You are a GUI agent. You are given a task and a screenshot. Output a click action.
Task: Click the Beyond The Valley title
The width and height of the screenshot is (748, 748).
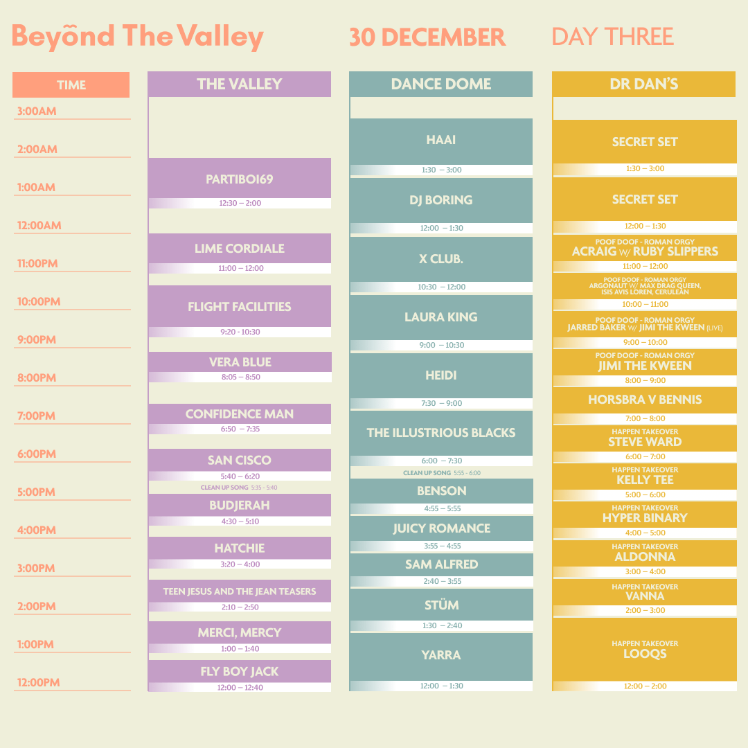(x=137, y=37)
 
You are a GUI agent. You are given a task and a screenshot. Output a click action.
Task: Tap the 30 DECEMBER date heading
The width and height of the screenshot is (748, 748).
(x=427, y=37)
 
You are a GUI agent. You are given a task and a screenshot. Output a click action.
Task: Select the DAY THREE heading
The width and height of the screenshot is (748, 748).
(x=612, y=37)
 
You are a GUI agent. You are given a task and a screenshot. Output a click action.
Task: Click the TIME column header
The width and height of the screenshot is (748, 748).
(x=71, y=85)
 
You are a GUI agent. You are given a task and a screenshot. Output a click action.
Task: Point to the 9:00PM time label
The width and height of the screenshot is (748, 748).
(x=37, y=339)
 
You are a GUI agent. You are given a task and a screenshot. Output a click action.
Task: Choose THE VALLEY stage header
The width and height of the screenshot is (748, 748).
(x=240, y=84)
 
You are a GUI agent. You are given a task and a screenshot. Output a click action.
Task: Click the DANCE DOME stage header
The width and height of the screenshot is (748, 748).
(x=440, y=84)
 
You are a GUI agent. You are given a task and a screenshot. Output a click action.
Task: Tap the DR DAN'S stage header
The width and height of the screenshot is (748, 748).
(x=643, y=84)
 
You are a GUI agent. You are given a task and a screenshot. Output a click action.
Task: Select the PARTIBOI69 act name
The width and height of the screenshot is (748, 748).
(x=240, y=179)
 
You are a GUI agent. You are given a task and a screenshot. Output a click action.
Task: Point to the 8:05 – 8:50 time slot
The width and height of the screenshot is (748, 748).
(x=240, y=377)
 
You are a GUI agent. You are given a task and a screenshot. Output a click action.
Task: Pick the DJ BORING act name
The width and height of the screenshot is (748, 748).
(x=440, y=200)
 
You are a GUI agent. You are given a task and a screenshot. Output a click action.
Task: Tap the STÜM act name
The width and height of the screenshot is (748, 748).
(x=442, y=605)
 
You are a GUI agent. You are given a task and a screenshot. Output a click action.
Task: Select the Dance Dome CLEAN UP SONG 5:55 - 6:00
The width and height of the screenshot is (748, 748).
(x=442, y=473)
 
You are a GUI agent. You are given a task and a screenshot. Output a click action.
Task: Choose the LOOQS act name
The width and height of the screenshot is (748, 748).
(x=645, y=654)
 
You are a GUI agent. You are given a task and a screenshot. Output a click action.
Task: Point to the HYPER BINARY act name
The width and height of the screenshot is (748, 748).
(x=645, y=518)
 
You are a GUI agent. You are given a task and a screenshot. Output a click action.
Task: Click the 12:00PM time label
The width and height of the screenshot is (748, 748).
(x=39, y=682)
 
